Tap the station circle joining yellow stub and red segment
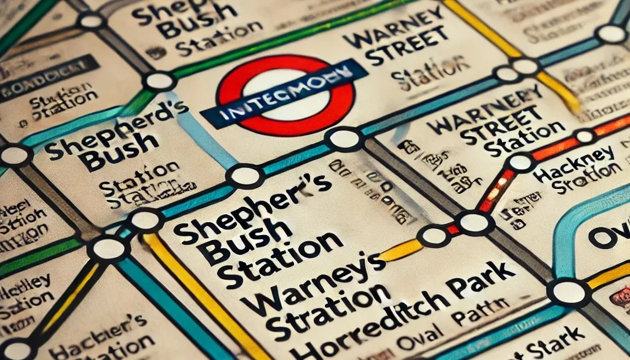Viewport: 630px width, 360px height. pos(434,235)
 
